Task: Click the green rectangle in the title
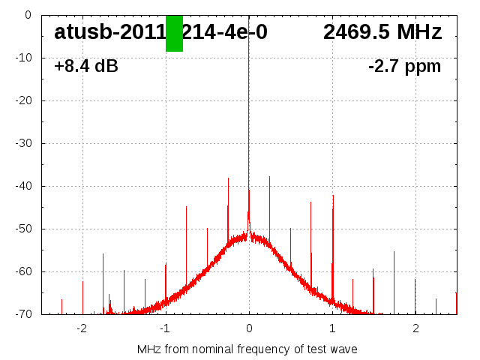pyautogui.click(x=174, y=33)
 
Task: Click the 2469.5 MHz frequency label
pyautogui.click(x=382, y=32)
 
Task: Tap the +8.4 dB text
pyautogui.click(x=86, y=67)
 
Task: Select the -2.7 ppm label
pyautogui.click(x=404, y=67)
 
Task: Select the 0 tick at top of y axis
pyautogui.click(x=27, y=15)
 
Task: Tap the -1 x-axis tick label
pyautogui.click(x=164, y=328)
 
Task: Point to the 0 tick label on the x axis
pyautogui.click(x=249, y=328)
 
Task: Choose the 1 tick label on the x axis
pyautogui.click(x=332, y=328)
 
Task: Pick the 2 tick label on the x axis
pyautogui.click(x=415, y=328)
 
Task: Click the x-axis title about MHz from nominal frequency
pyautogui.click(x=247, y=349)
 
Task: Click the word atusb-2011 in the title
pyautogui.click(x=109, y=32)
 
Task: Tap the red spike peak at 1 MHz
pyautogui.click(x=333, y=196)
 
